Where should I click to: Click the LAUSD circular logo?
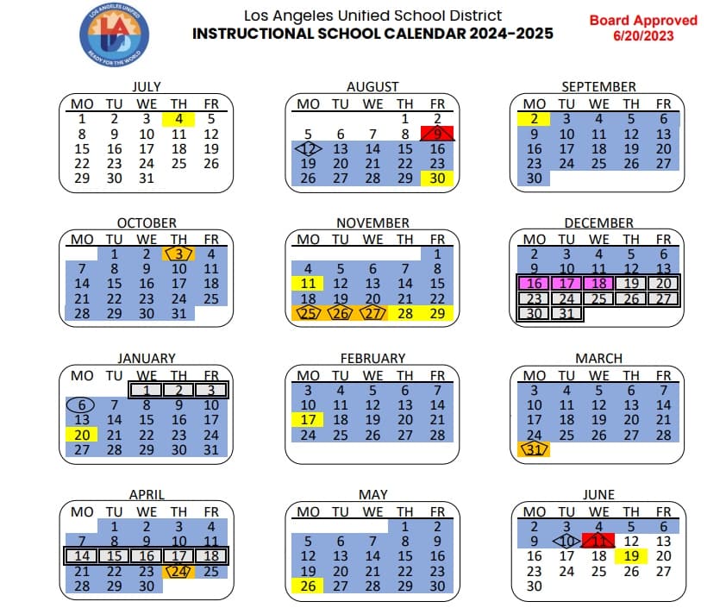tap(109, 37)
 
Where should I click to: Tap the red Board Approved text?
tap(642, 28)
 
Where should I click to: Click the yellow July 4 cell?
tap(178, 119)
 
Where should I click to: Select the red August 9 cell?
tap(436, 134)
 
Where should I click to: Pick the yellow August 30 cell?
tap(436, 179)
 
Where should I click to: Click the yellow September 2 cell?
tap(535, 119)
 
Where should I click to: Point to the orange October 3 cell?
tap(178, 254)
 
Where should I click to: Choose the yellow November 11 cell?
tap(308, 284)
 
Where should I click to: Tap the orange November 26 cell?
tap(341, 314)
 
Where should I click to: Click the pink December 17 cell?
tap(566, 283)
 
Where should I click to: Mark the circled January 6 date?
tap(82, 405)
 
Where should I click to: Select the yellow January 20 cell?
tap(82, 436)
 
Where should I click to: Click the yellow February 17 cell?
tap(308, 420)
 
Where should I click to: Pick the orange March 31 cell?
tap(535, 449)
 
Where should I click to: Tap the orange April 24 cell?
tap(178, 571)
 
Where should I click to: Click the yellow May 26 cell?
tap(308, 586)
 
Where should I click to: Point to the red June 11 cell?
tap(599, 541)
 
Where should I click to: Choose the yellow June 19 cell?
tap(631, 556)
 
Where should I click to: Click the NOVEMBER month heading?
tap(372, 223)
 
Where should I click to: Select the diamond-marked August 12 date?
tap(308, 148)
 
